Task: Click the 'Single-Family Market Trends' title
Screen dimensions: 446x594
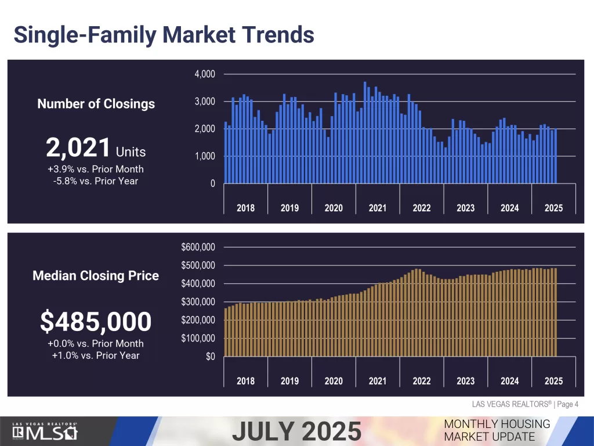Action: pyautogui.click(x=164, y=34)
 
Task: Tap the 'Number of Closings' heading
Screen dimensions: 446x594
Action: pyautogui.click(x=96, y=104)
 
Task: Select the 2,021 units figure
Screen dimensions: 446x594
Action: pyautogui.click(x=78, y=148)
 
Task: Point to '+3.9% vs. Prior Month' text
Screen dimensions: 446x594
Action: pyautogui.click(x=96, y=169)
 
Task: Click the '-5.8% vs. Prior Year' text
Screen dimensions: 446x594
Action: pyautogui.click(x=96, y=181)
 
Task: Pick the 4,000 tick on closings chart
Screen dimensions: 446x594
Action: pyautogui.click(x=204, y=74)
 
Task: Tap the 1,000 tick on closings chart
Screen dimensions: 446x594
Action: pyautogui.click(x=204, y=156)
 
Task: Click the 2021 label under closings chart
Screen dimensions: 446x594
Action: pyautogui.click(x=378, y=208)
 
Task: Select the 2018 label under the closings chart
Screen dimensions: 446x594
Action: pyautogui.click(x=245, y=208)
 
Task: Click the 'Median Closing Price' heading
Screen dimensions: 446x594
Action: pyautogui.click(x=96, y=276)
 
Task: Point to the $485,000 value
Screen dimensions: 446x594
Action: pyautogui.click(x=96, y=321)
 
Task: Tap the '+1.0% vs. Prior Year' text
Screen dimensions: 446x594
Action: pyautogui.click(x=96, y=355)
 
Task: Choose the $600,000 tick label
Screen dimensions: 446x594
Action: pyautogui.click(x=198, y=247)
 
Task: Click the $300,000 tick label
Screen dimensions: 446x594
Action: pyautogui.click(x=198, y=302)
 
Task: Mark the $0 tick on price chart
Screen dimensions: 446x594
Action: pyautogui.click(x=211, y=357)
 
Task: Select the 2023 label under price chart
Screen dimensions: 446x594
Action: pyautogui.click(x=465, y=381)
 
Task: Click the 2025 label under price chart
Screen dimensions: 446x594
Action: pyautogui.click(x=553, y=381)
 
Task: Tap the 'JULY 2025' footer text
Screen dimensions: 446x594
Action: pyautogui.click(x=297, y=431)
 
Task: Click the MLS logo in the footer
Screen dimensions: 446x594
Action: pyautogui.click(x=45, y=433)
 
